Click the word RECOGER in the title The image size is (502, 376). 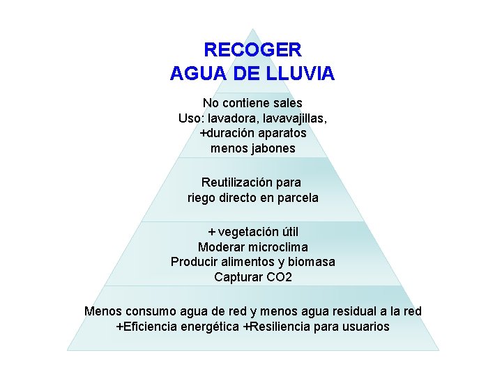(x=252, y=50)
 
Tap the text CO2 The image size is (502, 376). (x=279, y=277)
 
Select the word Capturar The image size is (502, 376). (x=237, y=277)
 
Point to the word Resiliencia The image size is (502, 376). (x=282, y=327)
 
